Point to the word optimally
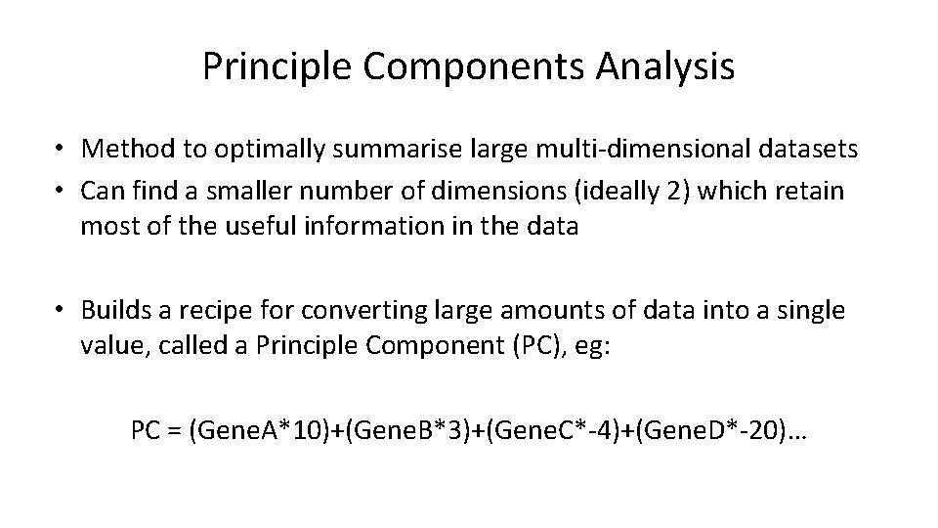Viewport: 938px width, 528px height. pyautogui.click(x=254, y=149)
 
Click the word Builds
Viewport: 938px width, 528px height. pyautogui.click(x=116, y=311)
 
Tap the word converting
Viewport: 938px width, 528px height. pyautogui.click(x=347, y=311)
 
